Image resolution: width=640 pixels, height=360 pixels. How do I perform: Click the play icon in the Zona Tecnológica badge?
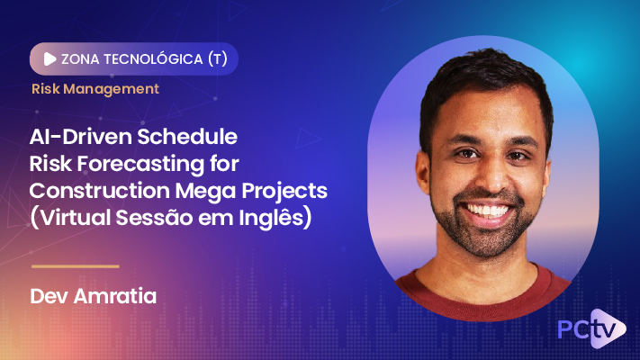(49, 58)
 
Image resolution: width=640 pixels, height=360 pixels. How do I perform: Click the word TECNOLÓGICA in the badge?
(150, 58)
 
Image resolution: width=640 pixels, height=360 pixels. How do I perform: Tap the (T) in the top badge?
(216, 58)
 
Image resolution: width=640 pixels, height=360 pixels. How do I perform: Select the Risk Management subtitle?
(95, 89)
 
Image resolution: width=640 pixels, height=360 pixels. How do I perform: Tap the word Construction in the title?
(100, 193)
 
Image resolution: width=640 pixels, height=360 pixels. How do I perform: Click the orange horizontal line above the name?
(75, 266)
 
